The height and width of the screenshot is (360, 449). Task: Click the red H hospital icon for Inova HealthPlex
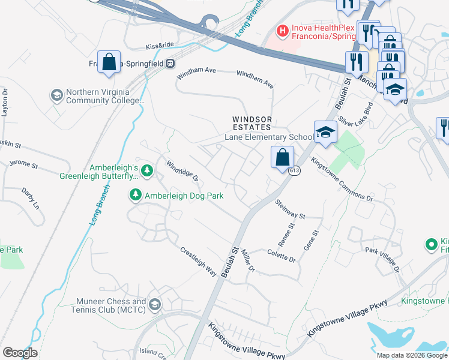[281, 29]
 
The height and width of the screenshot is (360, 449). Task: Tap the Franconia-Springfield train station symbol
[170, 62]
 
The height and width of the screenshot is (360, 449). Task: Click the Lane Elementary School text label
[268, 137]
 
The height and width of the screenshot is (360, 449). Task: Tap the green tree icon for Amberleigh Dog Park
[136, 195]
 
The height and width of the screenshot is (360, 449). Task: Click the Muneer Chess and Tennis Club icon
[155, 305]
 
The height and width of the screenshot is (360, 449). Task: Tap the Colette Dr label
[282, 256]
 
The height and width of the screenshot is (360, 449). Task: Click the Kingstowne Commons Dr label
[342, 179]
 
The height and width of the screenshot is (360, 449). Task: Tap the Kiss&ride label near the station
[159, 46]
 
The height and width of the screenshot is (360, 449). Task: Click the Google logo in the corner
[20, 352]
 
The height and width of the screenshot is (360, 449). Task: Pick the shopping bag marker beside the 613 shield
[282, 158]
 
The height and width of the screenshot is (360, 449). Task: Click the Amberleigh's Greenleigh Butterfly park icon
[148, 172]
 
